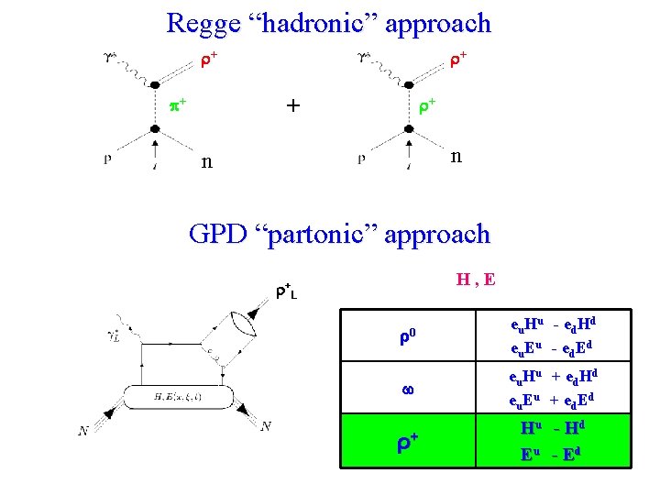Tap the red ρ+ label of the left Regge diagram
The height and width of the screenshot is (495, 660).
(208, 60)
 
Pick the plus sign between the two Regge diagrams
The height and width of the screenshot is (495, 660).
(292, 105)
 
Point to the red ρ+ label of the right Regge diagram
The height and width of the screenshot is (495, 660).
(457, 60)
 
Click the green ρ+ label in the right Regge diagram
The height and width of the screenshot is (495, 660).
(426, 106)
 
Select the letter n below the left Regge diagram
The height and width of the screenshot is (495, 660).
(208, 163)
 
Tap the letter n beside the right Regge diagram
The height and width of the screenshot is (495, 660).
(456, 155)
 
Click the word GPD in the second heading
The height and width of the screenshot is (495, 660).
(219, 235)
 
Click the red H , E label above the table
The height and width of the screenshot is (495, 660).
(476, 278)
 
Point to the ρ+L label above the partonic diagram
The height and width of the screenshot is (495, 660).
(286, 291)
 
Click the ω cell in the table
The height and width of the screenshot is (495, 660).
(408, 389)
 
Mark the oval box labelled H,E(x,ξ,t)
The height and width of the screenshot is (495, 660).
(187, 395)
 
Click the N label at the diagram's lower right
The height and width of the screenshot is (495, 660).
(265, 425)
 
